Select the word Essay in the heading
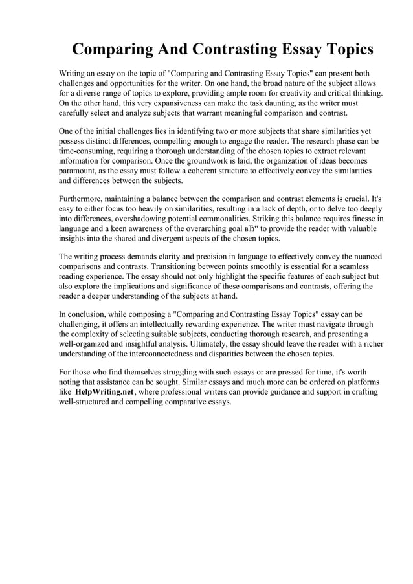coord(278,49)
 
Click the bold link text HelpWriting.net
coord(104,392)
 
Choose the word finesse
coord(357,219)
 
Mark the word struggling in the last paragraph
coord(170,373)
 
